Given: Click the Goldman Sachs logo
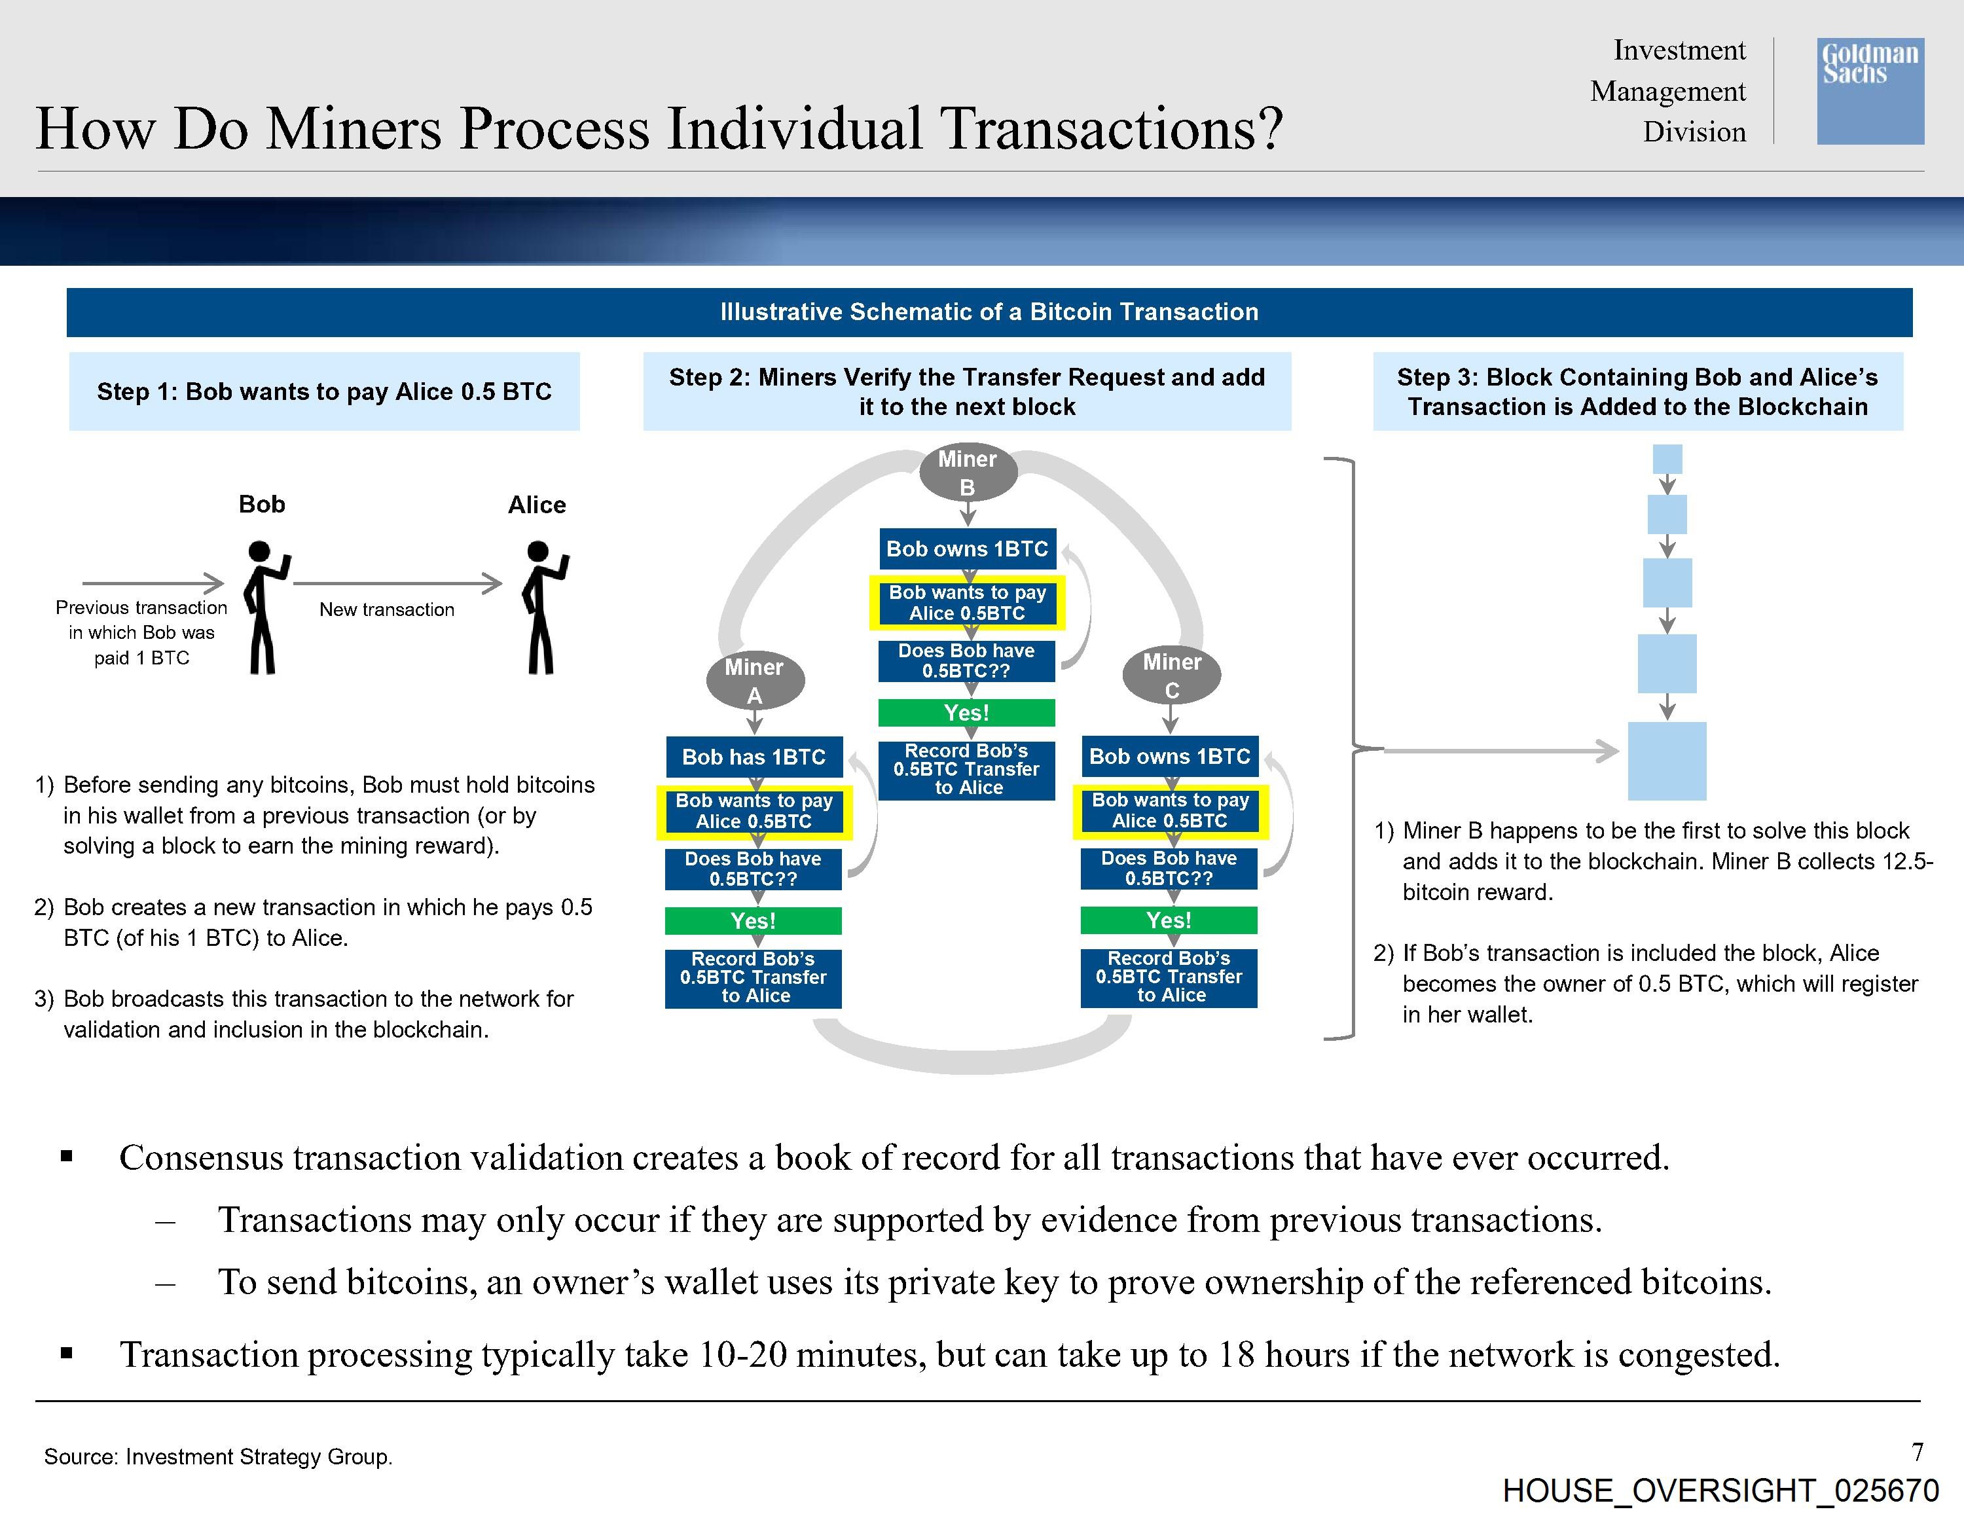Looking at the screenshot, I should click(1870, 91).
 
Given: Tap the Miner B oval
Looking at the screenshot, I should click(968, 472).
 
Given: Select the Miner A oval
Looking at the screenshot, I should click(754, 681).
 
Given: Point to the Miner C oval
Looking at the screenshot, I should click(1172, 676).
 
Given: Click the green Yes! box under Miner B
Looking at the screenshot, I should click(967, 713).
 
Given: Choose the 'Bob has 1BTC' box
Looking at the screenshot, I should click(754, 757).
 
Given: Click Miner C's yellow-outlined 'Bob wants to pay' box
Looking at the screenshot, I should click(1170, 811).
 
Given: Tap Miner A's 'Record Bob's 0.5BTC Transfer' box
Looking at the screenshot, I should click(754, 977).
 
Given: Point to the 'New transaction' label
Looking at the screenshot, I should click(387, 609).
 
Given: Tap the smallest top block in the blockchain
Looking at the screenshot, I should click(1667, 460).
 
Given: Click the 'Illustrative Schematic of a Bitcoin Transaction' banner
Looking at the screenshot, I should click(989, 312).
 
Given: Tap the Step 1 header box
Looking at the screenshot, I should click(325, 391).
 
